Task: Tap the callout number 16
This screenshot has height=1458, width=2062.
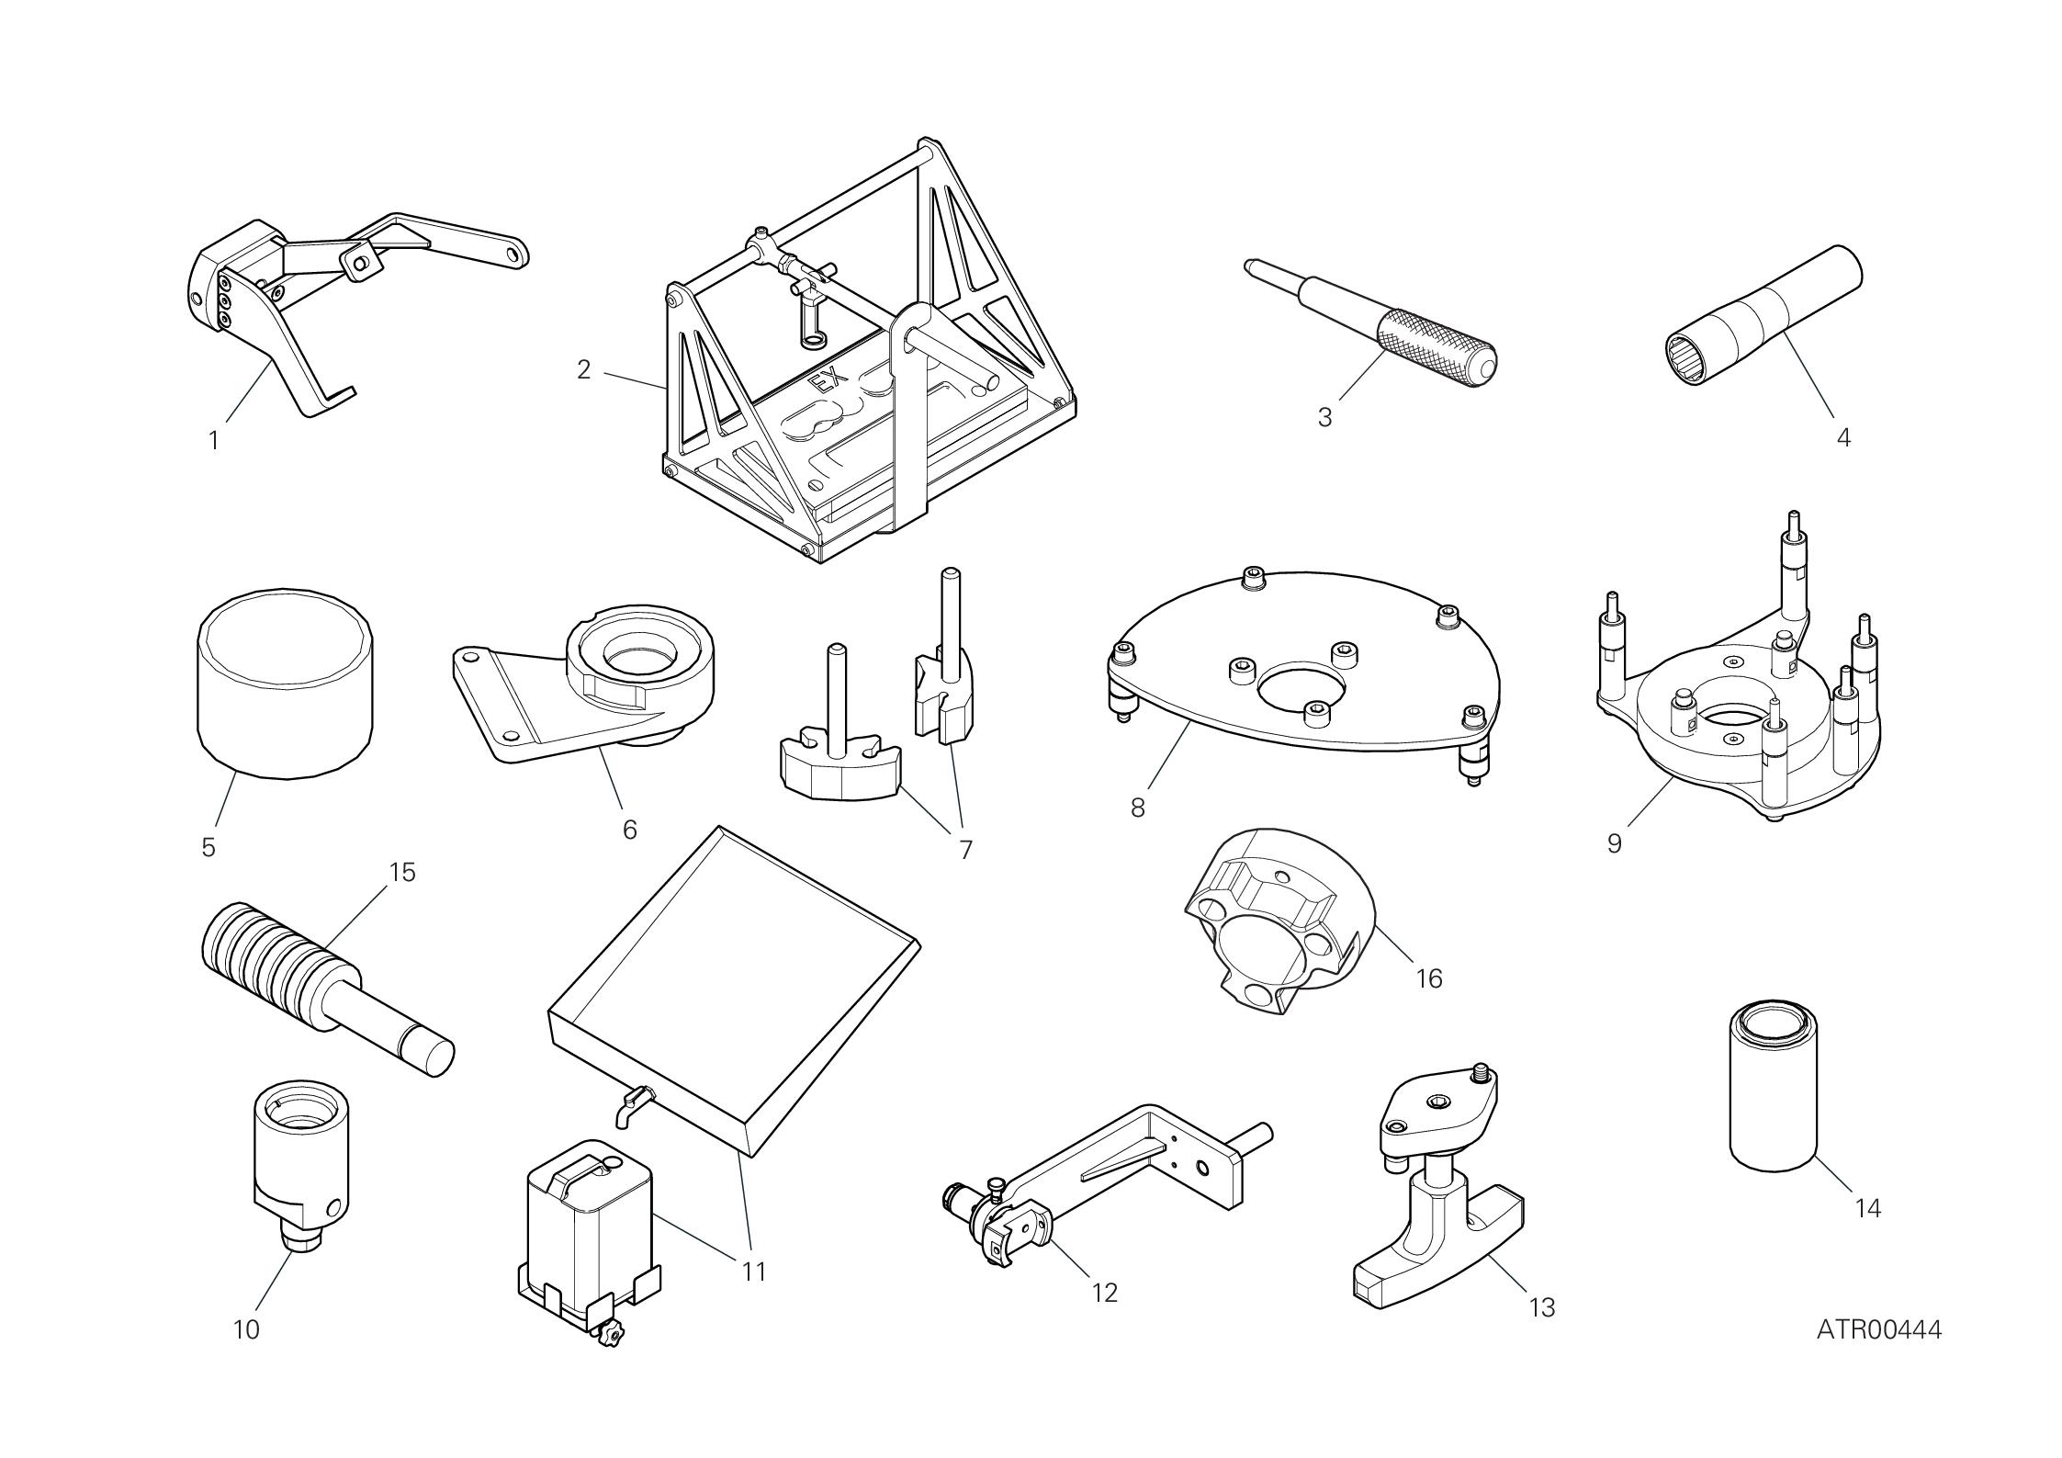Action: click(1429, 978)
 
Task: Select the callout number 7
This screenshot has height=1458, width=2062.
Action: click(965, 850)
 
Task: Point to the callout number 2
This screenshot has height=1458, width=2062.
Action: click(583, 369)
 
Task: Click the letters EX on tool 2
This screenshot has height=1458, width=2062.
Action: click(824, 382)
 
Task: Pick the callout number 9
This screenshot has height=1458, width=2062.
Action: click(1615, 843)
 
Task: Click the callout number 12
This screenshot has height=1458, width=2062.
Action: click(1105, 1294)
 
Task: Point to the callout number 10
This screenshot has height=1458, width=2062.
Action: click(246, 1329)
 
